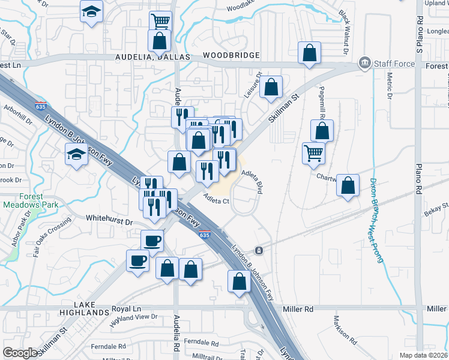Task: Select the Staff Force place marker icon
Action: click(363, 63)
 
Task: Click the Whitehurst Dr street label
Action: click(109, 221)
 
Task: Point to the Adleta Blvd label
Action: click(253, 180)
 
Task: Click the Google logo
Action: click(20, 353)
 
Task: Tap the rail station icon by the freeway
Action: click(259, 250)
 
